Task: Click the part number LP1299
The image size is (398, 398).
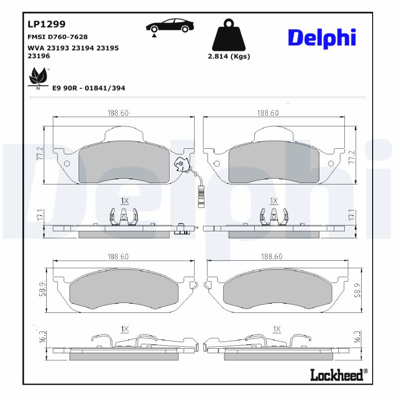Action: click(46, 23)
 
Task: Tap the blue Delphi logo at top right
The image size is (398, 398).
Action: click(322, 38)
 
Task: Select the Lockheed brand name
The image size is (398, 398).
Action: click(336, 375)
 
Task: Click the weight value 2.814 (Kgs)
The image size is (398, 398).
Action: click(228, 56)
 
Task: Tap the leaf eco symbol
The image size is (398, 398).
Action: click(38, 78)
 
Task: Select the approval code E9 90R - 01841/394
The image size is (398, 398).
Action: click(89, 88)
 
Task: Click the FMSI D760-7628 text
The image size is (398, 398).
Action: click(57, 37)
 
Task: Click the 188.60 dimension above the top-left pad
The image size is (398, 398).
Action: click(118, 113)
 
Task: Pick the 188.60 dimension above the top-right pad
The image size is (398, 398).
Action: click(268, 113)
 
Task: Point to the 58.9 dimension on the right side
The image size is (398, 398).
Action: click(357, 290)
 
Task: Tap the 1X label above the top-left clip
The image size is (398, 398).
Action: click(124, 200)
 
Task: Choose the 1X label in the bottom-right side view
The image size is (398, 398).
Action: click(277, 329)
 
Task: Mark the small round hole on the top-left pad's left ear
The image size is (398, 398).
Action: click(68, 164)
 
